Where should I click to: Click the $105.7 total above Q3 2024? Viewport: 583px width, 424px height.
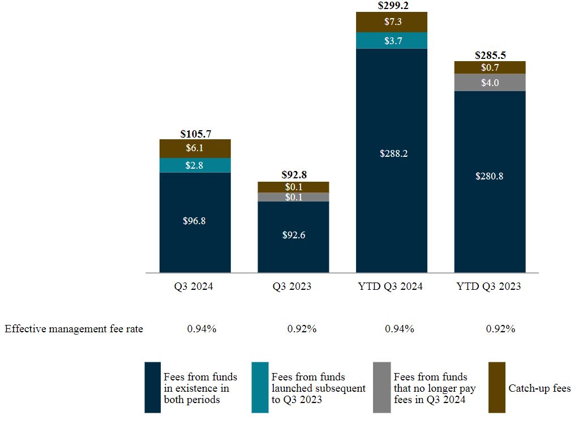pyautogui.click(x=195, y=134)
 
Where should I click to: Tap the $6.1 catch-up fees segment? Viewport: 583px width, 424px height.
pyautogui.click(x=195, y=148)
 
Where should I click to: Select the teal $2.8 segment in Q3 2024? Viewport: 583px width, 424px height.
pyautogui.click(x=195, y=165)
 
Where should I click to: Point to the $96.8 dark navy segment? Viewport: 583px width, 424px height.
pyautogui.click(x=195, y=221)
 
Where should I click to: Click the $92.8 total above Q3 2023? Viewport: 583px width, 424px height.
pyautogui.click(x=293, y=175)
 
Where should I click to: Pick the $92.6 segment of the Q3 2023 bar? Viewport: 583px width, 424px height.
pyautogui.click(x=293, y=235)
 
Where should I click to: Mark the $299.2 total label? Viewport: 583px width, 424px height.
pyautogui.click(x=391, y=6)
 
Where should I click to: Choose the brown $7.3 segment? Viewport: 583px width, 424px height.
pyautogui.click(x=391, y=22)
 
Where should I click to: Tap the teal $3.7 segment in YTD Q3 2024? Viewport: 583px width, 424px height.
pyautogui.click(x=391, y=41)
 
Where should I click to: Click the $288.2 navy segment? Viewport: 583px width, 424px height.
pyautogui.click(x=391, y=153)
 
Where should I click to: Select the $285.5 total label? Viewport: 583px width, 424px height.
pyautogui.click(x=490, y=55)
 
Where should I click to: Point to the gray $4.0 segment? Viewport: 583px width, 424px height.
pyautogui.click(x=490, y=82)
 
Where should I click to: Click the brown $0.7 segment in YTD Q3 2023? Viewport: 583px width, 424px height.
pyautogui.click(x=490, y=67)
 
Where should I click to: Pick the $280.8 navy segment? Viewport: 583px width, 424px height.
pyautogui.click(x=490, y=176)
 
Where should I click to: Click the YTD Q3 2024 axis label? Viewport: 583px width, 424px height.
pyautogui.click(x=391, y=287)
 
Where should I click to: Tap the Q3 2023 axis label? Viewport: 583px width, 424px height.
pyautogui.click(x=293, y=287)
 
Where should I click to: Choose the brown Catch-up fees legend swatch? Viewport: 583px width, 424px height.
pyautogui.click(x=496, y=388)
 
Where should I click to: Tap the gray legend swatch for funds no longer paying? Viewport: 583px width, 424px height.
pyautogui.click(x=381, y=388)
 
